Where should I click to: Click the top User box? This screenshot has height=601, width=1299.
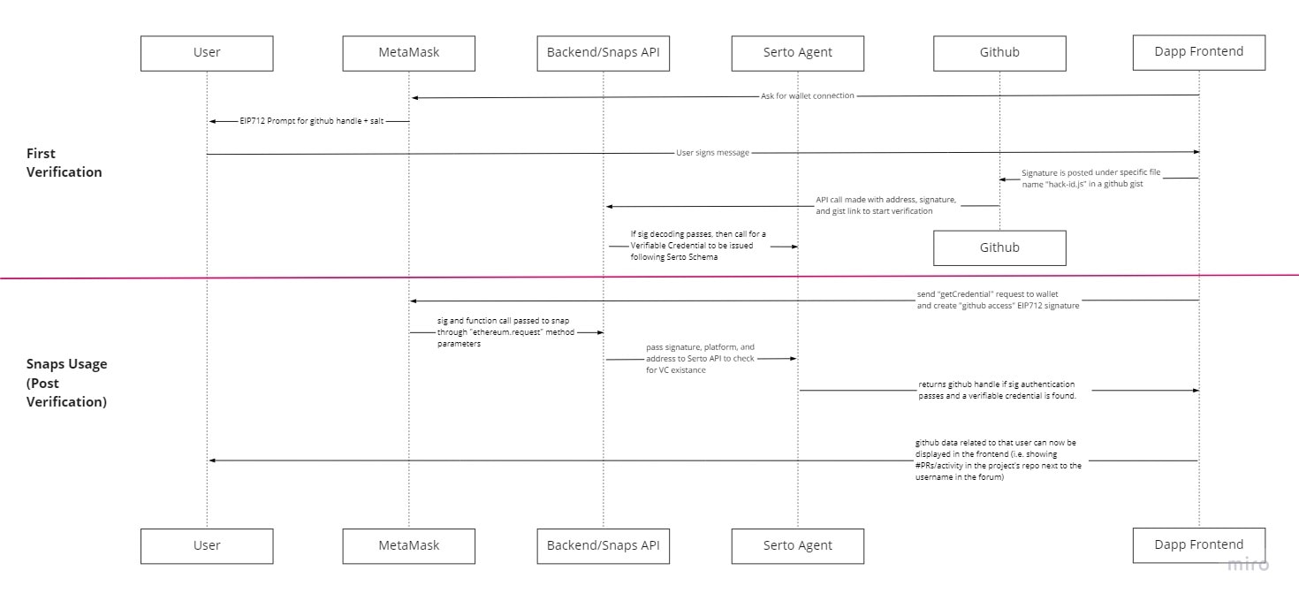[207, 53]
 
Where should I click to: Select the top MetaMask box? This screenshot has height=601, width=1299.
[409, 53]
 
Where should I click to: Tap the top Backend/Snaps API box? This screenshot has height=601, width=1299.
[603, 53]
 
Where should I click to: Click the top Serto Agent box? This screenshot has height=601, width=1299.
[798, 53]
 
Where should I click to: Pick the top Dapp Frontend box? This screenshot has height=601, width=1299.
[1199, 53]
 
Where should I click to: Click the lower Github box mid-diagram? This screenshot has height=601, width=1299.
[999, 248]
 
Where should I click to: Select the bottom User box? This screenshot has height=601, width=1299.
[207, 546]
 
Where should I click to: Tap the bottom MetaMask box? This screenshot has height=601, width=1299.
[409, 546]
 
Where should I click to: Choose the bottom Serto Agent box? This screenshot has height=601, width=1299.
[798, 546]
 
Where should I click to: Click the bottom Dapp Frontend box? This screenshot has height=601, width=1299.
[1199, 545]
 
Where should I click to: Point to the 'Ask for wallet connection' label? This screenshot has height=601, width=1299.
[808, 95]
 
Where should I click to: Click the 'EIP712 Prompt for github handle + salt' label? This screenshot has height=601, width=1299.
[311, 121]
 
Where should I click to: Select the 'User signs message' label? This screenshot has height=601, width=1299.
[713, 153]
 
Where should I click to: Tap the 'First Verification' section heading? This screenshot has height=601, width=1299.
[64, 163]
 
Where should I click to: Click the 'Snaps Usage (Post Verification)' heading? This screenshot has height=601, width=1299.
[66, 383]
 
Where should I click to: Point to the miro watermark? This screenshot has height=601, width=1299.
[1248, 564]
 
